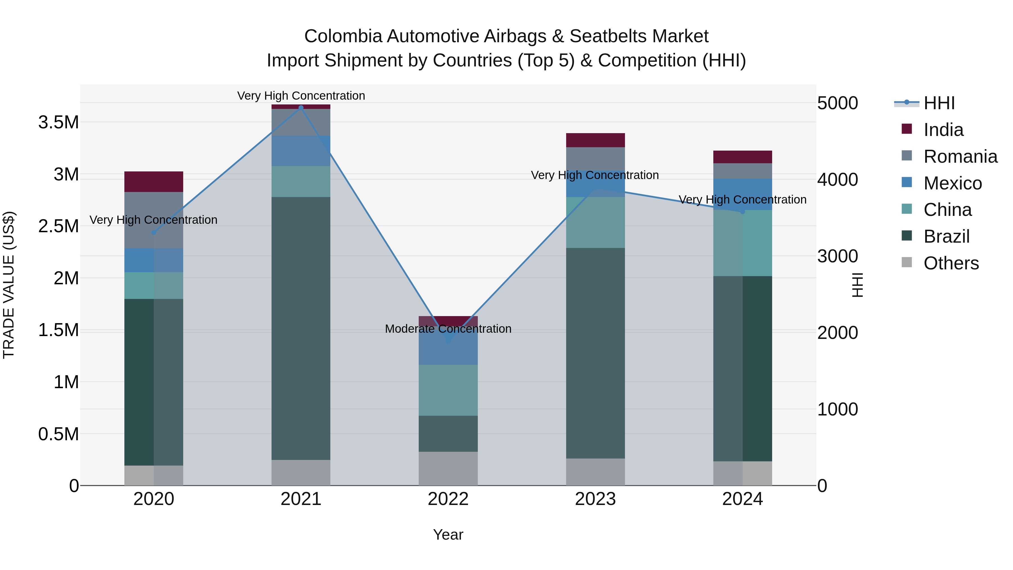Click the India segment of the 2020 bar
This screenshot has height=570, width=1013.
(x=154, y=182)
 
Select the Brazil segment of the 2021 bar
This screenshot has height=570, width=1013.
(x=301, y=328)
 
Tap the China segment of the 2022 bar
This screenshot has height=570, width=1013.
(x=448, y=390)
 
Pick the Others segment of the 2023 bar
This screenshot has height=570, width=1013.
(x=595, y=472)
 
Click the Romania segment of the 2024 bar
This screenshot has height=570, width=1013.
(x=743, y=171)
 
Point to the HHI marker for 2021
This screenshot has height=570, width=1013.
(x=301, y=108)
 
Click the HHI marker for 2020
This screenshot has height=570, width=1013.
(x=154, y=233)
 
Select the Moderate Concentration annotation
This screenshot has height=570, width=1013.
(x=448, y=328)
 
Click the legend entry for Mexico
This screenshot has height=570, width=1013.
(x=952, y=183)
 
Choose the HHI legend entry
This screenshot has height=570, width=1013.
(x=939, y=103)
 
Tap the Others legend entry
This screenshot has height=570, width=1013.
(x=951, y=263)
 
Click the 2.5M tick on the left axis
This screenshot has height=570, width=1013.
(x=59, y=226)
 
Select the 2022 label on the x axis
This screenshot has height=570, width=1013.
(x=448, y=499)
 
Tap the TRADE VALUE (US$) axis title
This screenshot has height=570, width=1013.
(x=9, y=285)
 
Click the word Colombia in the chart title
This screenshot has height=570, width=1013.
(x=343, y=36)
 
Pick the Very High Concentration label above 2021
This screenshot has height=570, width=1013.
(x=301, y=96)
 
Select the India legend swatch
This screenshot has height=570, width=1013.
(x=906, y=129)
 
